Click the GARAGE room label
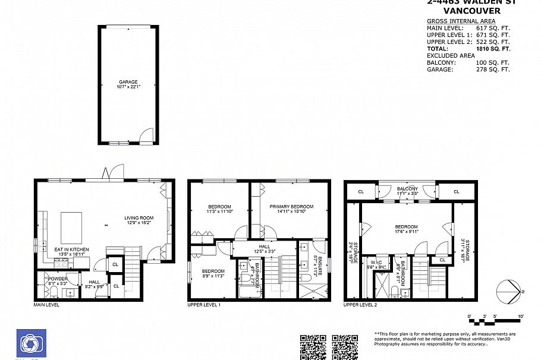(x=128, y=82)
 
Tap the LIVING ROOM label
(x=139, y=217)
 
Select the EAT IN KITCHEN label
(x=71, y=250)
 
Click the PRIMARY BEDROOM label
(x=291, y=207)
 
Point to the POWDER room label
(x=58, y=279)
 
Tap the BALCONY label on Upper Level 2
(x=407, y=190)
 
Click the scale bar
(x=495, y=321)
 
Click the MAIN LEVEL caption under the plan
(x=46, y=304)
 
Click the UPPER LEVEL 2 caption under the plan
(x=360, y=304)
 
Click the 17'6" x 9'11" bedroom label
(x=407, y=229)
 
